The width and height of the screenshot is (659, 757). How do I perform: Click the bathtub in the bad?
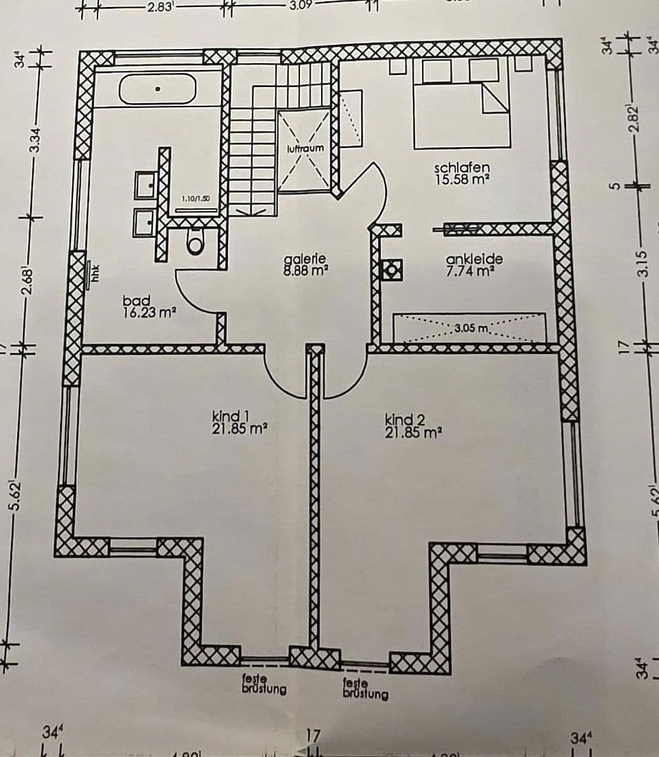click(158, 89)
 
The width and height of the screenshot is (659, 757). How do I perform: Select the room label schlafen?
click(461, 168)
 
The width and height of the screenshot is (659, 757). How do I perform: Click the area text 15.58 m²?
click(461, 179)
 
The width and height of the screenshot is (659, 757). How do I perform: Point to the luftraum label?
click(306, 149)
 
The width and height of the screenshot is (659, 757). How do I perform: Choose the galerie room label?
click(306, 258)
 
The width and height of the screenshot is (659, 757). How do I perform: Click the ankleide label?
click(474, 259)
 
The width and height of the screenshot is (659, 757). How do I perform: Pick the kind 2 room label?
click(404, 419)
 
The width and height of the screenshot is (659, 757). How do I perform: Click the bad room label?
click(136, 301)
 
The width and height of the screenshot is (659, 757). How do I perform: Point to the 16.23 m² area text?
click(149, 313)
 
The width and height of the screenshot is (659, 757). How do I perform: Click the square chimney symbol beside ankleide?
click(390, 269)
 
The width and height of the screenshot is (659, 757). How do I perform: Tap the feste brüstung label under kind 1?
click(264, 685)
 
